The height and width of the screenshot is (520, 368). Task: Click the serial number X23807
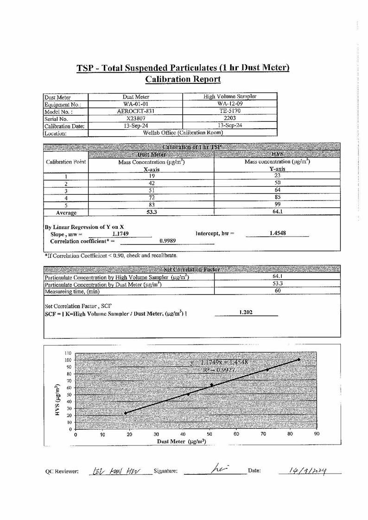(136, 118)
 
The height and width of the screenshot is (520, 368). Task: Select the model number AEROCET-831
(136, 111)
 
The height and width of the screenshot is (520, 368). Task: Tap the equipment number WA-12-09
(230, 104)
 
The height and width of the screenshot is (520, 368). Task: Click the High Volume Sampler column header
(230, 96)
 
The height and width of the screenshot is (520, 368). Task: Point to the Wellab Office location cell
(183, 133)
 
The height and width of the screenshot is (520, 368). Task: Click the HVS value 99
(277, 205)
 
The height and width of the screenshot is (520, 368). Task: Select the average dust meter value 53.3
(151, 212)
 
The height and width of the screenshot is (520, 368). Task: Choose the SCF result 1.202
(246, 313)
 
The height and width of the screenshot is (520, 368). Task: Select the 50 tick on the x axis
(209, 435)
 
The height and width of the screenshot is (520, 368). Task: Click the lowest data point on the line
(126, 413)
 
